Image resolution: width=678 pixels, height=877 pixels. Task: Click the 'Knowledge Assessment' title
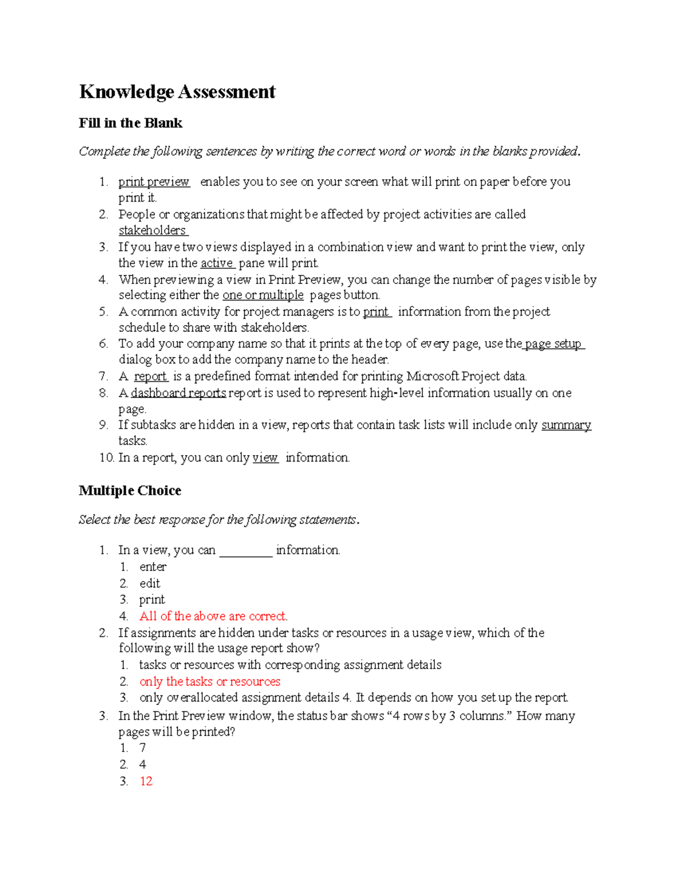point(177,91)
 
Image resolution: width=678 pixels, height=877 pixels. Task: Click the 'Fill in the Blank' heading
point(131,123)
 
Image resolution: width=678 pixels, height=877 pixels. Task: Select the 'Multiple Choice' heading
point(130,490)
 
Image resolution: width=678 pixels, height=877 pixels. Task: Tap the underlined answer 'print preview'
point(154,182)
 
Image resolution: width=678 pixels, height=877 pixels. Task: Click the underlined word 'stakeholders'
point(152,230)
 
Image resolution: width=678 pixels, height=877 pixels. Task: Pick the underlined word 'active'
point(216,263)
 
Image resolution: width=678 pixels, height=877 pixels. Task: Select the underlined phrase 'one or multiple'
point(263,295)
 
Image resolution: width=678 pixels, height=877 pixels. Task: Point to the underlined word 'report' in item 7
point(150,377)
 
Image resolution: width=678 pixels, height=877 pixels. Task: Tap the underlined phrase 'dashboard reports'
point(179,393)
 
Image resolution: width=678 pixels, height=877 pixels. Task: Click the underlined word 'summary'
point(566,425)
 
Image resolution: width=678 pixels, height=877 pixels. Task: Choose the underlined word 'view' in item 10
point(265,458)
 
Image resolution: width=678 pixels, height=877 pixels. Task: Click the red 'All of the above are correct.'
point(214,616)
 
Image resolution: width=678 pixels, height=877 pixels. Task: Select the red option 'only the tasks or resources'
point(210,682)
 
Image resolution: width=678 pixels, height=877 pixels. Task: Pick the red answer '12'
point(146,781)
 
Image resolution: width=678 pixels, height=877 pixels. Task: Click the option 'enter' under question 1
point(153,567)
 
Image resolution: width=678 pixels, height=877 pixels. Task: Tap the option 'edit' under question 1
point(150,583)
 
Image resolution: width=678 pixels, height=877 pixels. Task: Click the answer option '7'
point(142,748)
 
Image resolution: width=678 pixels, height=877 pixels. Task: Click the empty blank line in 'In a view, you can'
point(245,551)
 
